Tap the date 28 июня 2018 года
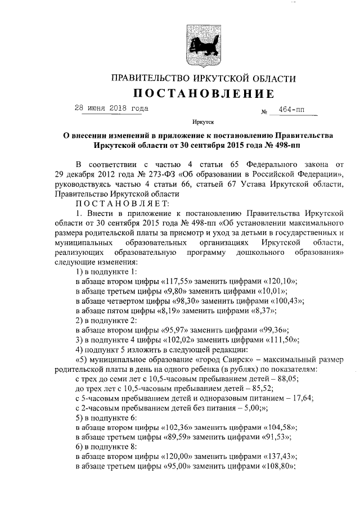tap(111, 108)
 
